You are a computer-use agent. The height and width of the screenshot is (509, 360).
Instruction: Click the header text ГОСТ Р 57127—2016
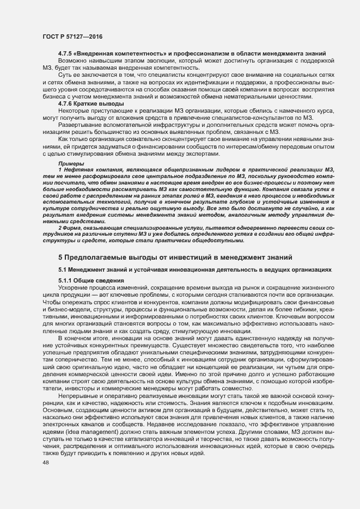pyautogui.click(x=72, y=37)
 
